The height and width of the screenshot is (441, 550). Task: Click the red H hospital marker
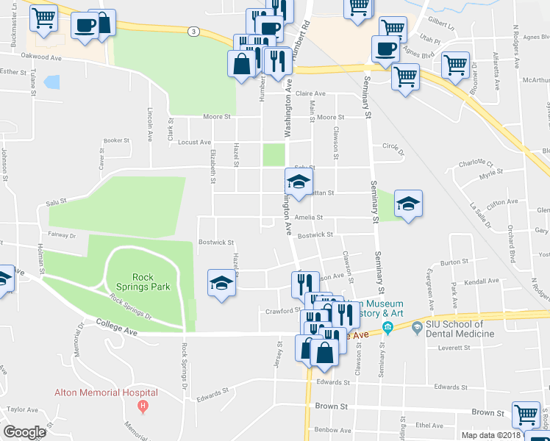click(x=143, y=405)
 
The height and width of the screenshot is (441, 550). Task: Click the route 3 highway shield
click(x=192, y=32)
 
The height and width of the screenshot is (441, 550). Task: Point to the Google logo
click(x=24, y=432)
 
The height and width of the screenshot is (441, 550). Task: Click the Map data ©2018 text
click(x=491, y=435)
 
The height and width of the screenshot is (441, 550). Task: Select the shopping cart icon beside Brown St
click(x=526, y=415)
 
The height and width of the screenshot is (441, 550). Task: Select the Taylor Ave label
click(x=21, y=409)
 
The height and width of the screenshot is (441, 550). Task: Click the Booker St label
click(x=116, y=140)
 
